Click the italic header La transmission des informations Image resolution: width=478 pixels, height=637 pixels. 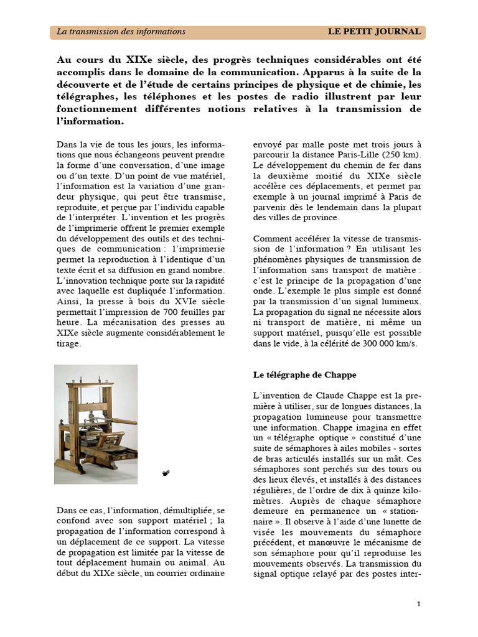pyautogui.click(x=121, y=32)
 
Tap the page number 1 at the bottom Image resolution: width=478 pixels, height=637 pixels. pyautogui.click(x=419, y=604)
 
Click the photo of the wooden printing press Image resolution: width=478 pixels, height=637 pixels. pyautogui.click(x=96, y=424)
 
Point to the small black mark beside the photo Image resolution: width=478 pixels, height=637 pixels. pyautogui.click(x=165, y=473)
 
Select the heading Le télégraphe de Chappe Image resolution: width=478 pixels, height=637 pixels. pyautogui.click(x=304, y=375)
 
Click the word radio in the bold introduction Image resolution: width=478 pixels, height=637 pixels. pyautogui.click(x=250, y=96)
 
